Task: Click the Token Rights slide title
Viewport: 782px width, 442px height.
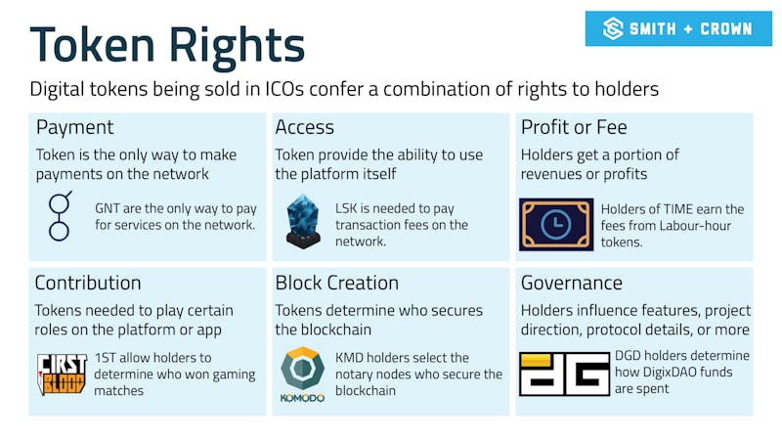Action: coord(167,43)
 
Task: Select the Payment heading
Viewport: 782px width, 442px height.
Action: coord(75,128)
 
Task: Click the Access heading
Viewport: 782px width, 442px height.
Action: coord(304,128)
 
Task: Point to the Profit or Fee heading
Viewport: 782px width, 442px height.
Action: coord(574,128)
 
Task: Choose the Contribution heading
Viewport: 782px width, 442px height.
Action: coord(88,284)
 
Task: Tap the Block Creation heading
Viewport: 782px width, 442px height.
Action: coord(336,284)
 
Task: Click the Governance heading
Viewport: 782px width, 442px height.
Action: coord(572,284)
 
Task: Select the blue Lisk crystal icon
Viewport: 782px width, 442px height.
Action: coord(304,219)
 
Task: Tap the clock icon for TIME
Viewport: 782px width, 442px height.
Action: coord(556,224)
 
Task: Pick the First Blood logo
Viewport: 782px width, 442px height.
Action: coord(62,374)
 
